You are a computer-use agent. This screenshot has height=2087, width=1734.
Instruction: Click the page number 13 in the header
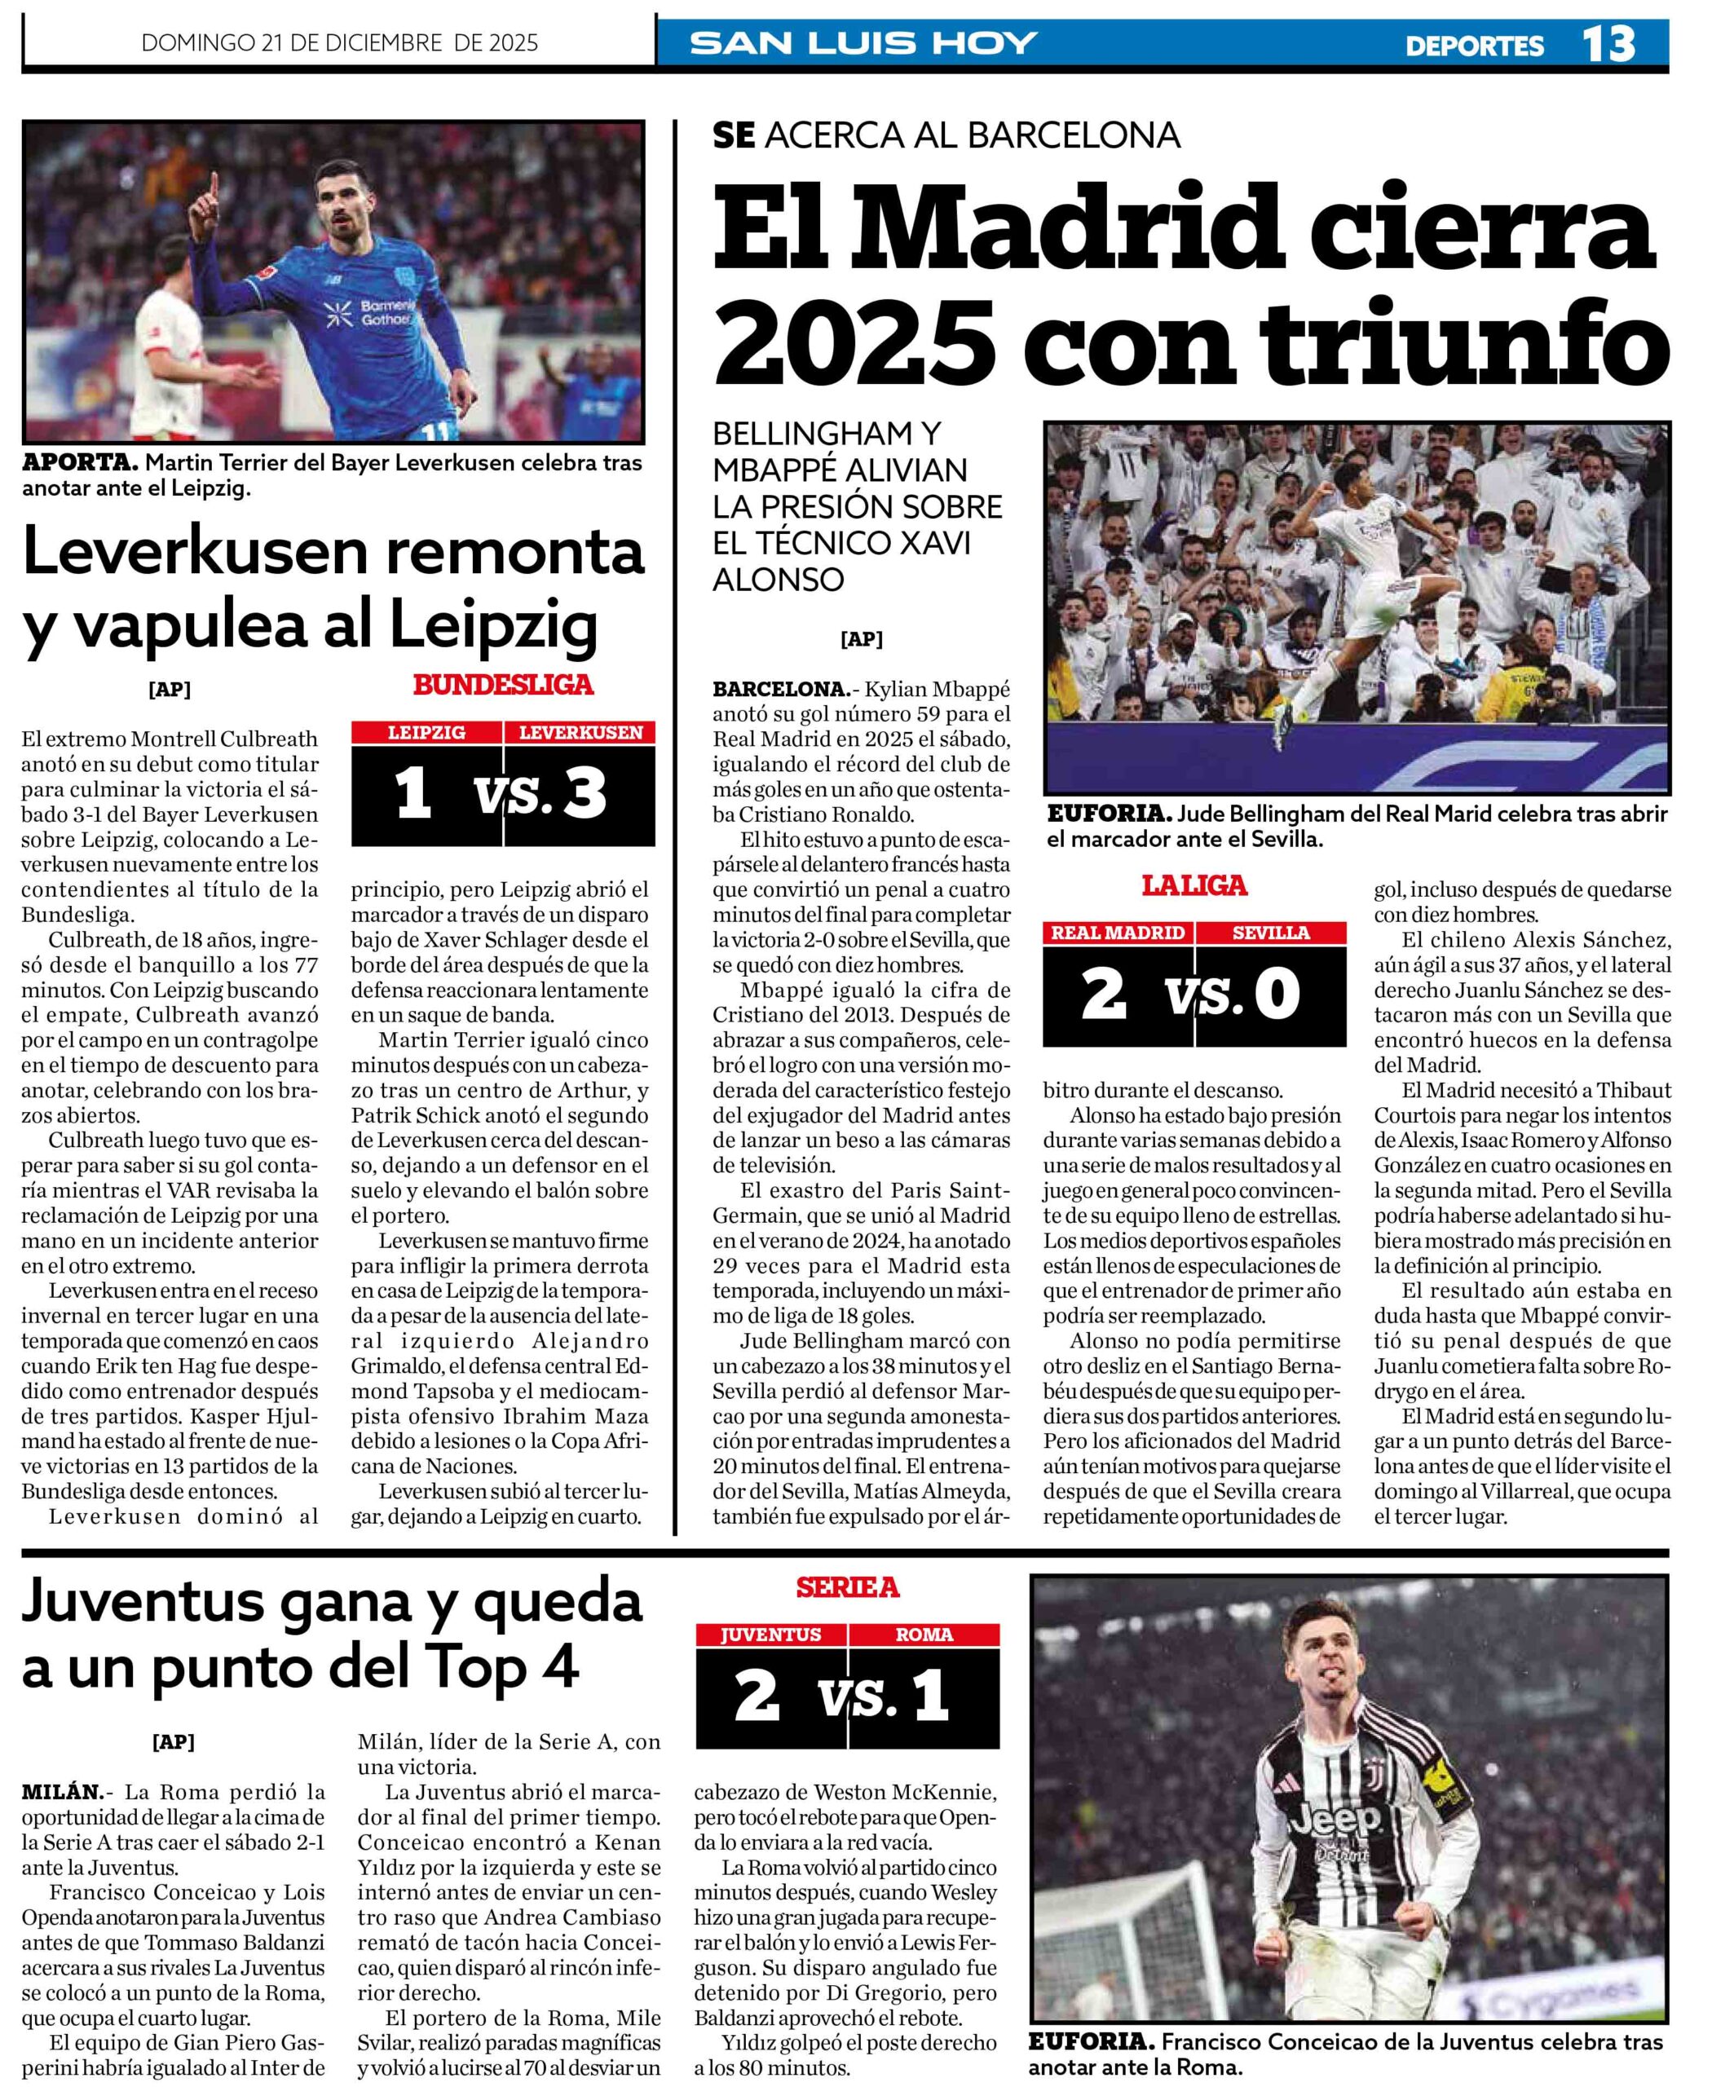coord(1608,44)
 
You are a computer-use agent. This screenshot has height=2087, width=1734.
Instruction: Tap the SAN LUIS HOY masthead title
coord(863,44)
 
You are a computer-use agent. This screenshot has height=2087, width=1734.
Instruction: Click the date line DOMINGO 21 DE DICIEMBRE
coord(340,42)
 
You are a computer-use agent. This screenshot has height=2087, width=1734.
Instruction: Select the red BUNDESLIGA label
coord(503,685)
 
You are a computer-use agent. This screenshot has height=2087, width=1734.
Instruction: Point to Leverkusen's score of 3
coord(584,794)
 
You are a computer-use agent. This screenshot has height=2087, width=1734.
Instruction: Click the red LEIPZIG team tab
coord(426,732)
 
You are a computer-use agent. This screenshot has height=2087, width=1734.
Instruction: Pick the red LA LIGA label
coord(1194,885)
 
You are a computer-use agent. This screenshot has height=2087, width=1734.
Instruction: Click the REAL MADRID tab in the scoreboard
coord(1118,932)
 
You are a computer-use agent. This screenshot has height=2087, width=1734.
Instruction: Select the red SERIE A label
coord(847,1588)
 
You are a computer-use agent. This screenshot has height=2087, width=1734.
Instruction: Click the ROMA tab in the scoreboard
coord(923,1635)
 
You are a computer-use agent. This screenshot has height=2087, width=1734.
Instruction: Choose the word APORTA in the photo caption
coord(80,462)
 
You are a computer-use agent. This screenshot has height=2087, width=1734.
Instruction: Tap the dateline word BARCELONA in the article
coord(778,689)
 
